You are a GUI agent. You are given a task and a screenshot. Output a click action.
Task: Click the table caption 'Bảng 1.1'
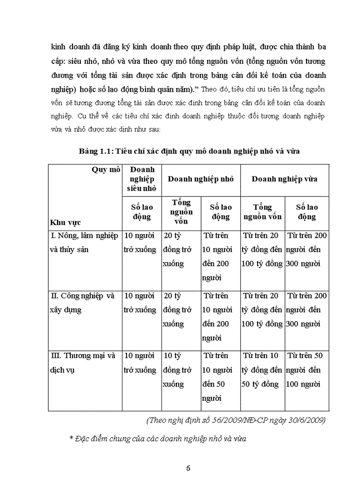click(x=96, y=150)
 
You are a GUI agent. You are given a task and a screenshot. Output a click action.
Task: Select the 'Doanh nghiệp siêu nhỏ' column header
click(x=141, y=179)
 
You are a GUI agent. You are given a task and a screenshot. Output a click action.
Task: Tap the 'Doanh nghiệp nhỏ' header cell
click(x=201, y=179)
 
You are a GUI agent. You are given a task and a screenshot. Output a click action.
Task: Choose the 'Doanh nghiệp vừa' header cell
click(x=284, y=179)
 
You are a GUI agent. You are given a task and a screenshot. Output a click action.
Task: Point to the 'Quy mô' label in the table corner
click(x=106, y=170)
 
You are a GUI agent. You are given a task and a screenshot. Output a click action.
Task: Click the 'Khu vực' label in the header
click(x=66, y=222)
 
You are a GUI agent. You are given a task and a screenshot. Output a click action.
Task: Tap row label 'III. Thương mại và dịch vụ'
click(x=82, y=362)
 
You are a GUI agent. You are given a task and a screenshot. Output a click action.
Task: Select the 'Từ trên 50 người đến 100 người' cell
click(x=307, y=369)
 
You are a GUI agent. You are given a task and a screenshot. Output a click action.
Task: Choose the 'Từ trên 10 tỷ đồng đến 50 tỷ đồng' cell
click(x=262, y=369)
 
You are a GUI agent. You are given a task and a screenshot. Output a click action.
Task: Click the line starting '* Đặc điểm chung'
click(x=158, y=439)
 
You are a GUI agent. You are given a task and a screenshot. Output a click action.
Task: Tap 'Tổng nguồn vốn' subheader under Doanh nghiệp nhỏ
click(x=182, y=211)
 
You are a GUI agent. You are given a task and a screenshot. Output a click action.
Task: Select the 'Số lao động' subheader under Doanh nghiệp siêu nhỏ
click(x=141, y=211)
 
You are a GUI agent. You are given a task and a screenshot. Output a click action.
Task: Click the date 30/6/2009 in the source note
click(x=308, y=420)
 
